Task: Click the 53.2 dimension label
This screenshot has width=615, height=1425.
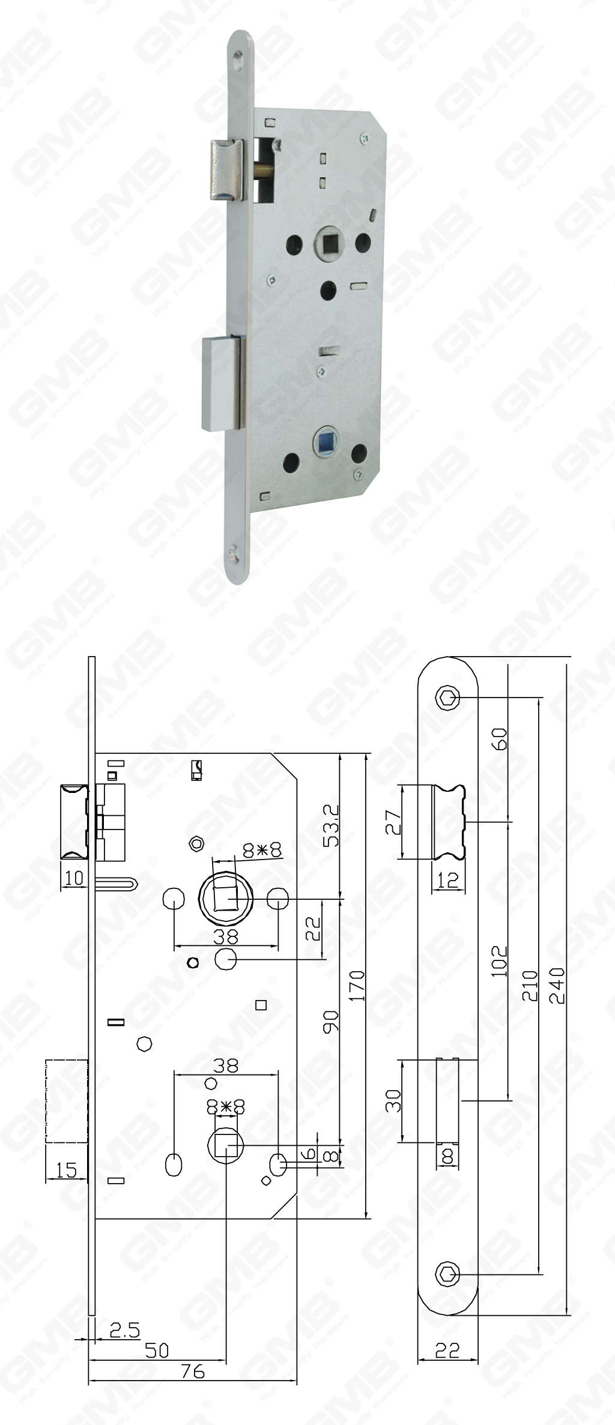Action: [x=331, y=825]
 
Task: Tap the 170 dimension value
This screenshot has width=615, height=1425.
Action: [x=357, y=985]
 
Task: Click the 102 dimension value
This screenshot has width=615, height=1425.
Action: [x=500, y=960]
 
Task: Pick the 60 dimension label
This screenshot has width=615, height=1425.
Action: [x=500, y=738]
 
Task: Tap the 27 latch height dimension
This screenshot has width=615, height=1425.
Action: [x=393, y=822]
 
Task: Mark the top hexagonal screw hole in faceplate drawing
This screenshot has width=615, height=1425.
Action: [x=447, y=697]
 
